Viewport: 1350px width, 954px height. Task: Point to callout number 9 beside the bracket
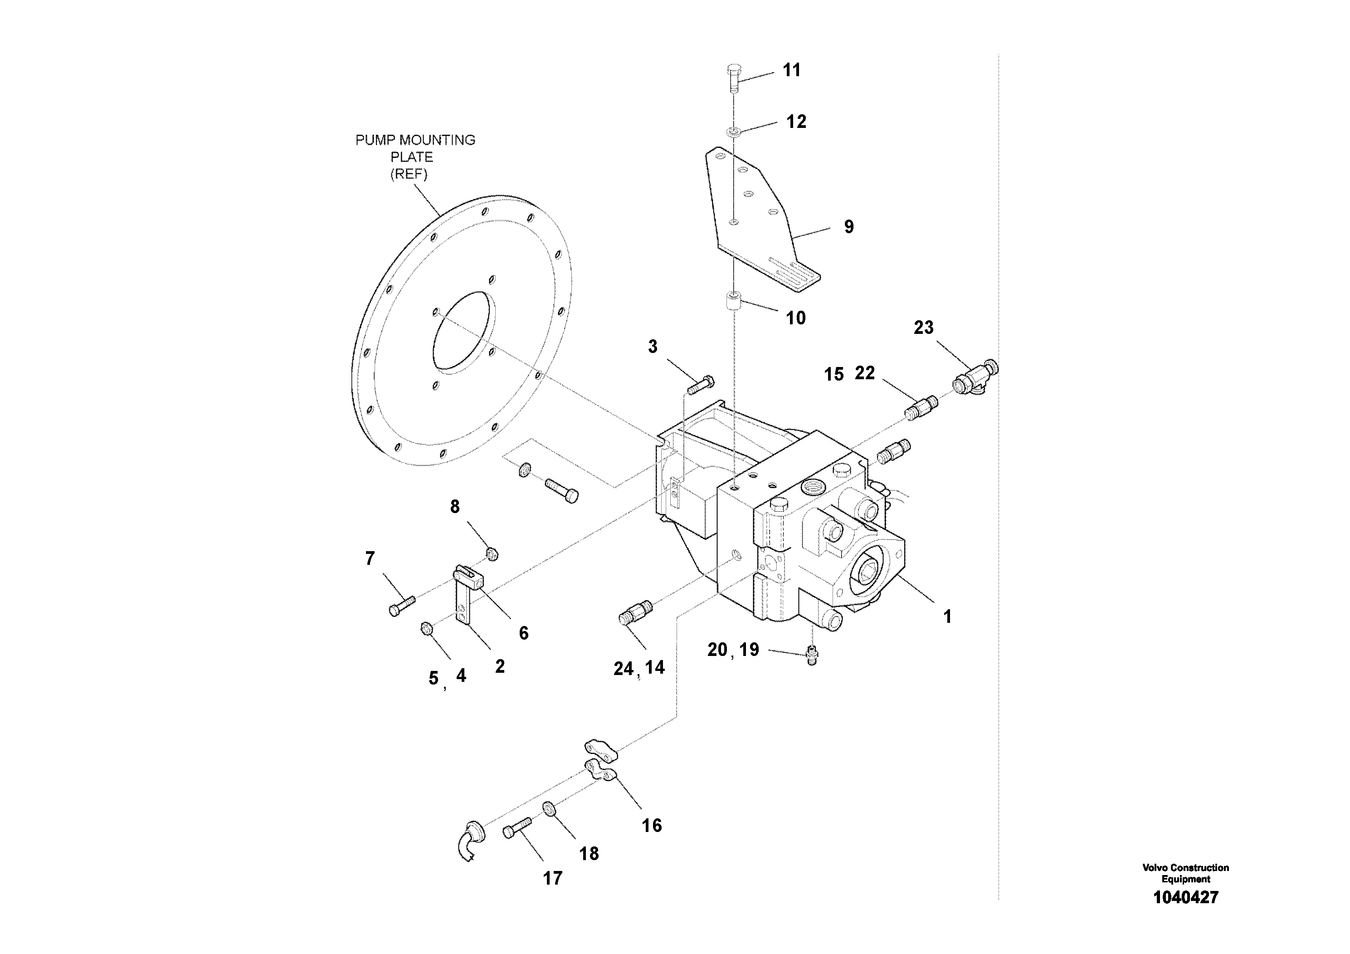tap(848, 226)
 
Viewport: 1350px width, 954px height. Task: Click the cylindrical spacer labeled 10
tap(732, 303)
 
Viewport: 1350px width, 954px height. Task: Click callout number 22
tap(864, 372)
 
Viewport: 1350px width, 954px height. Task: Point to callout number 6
tap(523, 633)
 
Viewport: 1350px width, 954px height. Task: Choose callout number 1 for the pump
tap(947, 616)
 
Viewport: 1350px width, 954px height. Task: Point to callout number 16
tap(652, 825)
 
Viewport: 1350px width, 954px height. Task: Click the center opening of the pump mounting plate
tap(463, 333)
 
